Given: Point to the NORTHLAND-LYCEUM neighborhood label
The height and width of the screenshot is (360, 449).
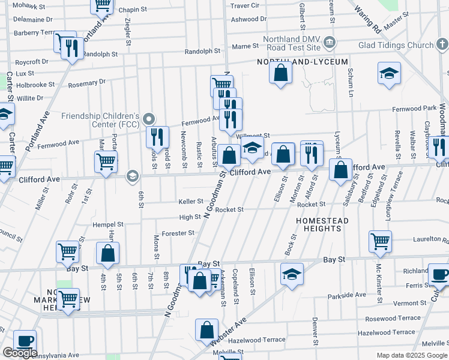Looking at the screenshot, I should coord(294,62).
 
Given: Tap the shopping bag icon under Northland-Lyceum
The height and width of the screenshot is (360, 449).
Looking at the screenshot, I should coord(280,74).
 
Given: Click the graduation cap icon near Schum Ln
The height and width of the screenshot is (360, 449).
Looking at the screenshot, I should coord(389,74).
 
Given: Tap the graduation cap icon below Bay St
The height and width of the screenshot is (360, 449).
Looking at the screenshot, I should coord(292,274).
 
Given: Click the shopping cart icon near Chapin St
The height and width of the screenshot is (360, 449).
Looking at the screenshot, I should coord(102,5).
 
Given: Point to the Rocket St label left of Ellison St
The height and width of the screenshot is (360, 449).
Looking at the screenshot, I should coord(229,209).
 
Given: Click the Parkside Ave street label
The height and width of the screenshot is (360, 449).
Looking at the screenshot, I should coord(347,295).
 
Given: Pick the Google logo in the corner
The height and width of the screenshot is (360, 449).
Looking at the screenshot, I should coord(20,353).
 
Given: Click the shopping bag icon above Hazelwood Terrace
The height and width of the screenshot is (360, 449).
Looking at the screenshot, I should coord(206,330).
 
